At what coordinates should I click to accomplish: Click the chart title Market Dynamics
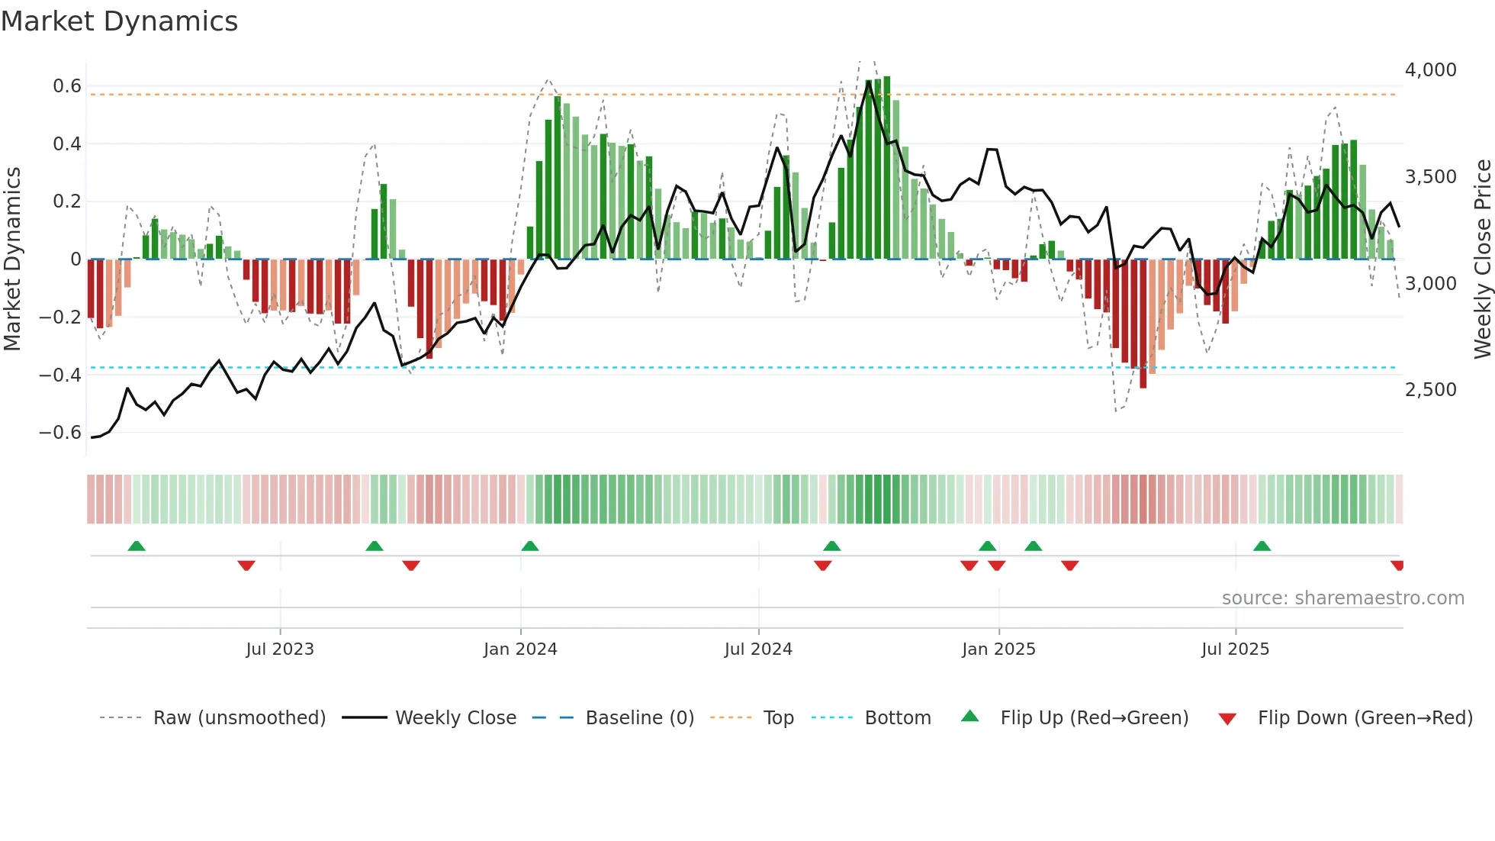(x=120, y=21)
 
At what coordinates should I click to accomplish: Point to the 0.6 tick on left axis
(x=67, y=86)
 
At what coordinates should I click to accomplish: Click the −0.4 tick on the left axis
(x=60, y=375)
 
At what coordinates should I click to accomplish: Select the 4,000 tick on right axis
(x=1430, y=70)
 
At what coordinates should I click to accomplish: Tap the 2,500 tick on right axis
(x=1430, y=390)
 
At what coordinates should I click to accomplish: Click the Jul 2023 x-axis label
(x=280, y=649)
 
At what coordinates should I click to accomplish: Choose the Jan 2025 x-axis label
(x=998, y=649)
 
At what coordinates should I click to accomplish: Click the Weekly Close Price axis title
(x=1482, y=259)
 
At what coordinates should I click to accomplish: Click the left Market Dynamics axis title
(x=12, y=259)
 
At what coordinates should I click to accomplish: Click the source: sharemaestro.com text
(x=1342, y=598)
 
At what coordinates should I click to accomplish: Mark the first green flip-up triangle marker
(x=137, y=546)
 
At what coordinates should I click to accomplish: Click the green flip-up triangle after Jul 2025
(x=1262, y=546)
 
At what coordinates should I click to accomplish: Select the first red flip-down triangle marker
(x=246, y=565)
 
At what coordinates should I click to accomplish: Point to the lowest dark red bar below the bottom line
(x=1143, y=324)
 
